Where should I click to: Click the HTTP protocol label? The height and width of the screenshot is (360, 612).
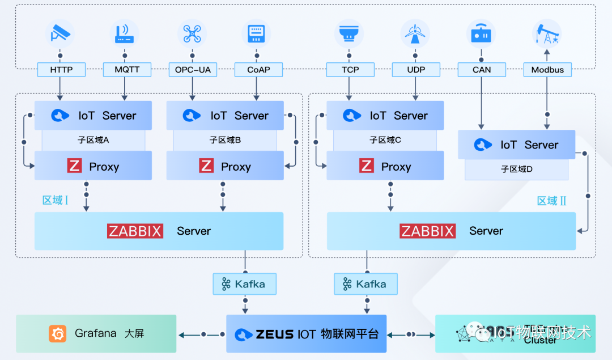[61, 70]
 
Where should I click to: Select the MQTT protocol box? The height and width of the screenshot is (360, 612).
[127, 70]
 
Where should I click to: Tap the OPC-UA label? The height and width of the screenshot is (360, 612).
[193, 70]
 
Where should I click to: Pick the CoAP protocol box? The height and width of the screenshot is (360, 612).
[258, 70]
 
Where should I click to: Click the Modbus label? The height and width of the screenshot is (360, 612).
[547, 70]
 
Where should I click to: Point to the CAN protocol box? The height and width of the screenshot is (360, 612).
[482, 70]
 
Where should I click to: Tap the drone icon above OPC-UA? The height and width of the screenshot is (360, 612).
[192, 33]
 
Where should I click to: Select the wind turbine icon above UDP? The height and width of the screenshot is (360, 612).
[415, 33]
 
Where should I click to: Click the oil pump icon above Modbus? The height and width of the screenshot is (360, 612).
[547, 33]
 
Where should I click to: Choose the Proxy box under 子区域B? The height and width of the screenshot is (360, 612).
[225, 166]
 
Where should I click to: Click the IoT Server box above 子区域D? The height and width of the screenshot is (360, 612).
[516, 145]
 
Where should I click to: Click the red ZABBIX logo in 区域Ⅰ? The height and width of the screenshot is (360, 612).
[135, 231]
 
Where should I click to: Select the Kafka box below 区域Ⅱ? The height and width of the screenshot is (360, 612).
[365, 284]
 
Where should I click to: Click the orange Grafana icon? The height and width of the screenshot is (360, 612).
[57, 333]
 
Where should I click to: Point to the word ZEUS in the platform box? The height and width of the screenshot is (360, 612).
[274, 334]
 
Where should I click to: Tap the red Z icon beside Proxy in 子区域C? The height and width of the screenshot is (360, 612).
[367, 166]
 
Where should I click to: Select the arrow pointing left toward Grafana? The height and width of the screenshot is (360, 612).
[182, 334]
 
